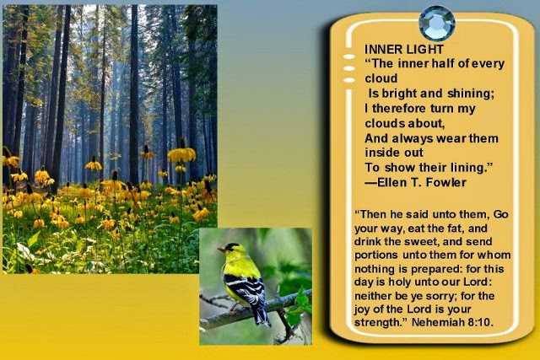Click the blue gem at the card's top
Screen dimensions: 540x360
click(x=437, y=24)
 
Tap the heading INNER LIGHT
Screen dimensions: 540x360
click(x=403, y=50)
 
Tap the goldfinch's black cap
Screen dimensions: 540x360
click(x=232, y=246)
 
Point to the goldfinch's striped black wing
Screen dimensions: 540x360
click(x=246, y=287)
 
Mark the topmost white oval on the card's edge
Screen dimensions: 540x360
click(x=349, y=56)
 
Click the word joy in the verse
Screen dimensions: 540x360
click(x=362, y=309)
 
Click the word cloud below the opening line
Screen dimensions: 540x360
click(x=381, y=78)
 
